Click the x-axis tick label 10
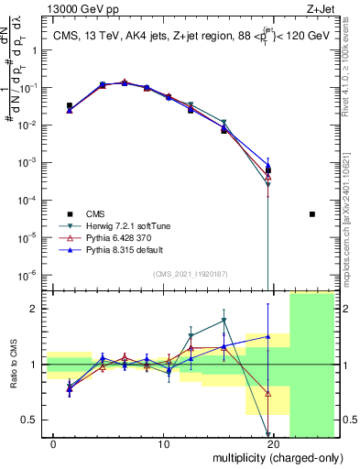pyautogui.click(x=164, y=444)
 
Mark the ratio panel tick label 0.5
pyautogui.click(x=30, y=420)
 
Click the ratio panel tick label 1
pyautogui.click(x=34, y=365)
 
